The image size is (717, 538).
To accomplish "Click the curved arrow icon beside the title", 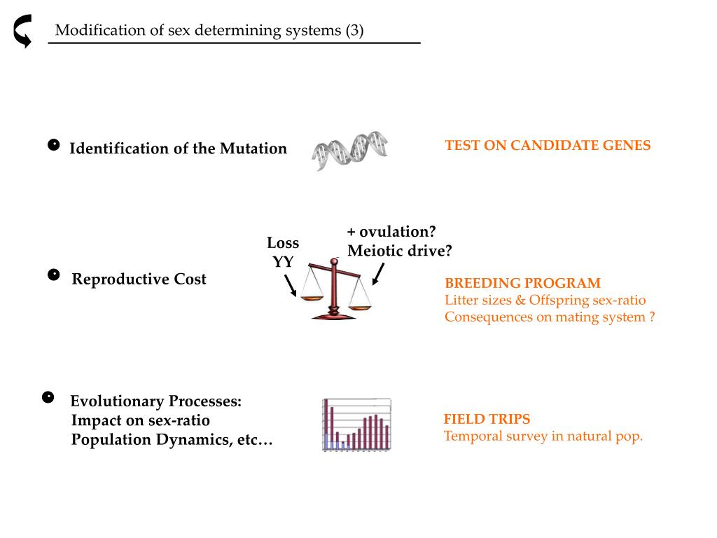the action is (x=23, y=32).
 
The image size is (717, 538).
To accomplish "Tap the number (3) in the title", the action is (x=354, y=31).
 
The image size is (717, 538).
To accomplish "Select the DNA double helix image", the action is (x=349, y=151).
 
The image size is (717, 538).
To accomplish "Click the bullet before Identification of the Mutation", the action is (x=53, y=146).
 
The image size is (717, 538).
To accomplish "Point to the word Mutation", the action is (x=253, y=149).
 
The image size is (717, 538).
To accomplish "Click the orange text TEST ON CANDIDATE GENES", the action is (x=548, y=146).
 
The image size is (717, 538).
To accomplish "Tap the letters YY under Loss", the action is (x=282, y=262).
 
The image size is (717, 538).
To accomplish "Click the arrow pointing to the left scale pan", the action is (x=291, y=284).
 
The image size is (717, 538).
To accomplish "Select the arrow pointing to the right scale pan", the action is (x=377, y=274).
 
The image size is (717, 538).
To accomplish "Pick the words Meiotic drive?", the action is (x=400, y=251).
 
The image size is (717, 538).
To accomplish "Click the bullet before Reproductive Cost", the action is (x=53, y=275).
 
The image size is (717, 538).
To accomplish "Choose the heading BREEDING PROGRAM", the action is (x=522, y=284).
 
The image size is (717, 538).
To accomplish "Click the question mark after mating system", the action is (x=651, y=317).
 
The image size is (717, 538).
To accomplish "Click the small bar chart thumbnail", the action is (x=356, y=425).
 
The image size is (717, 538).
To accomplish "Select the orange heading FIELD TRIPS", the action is (x=487, y=420).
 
